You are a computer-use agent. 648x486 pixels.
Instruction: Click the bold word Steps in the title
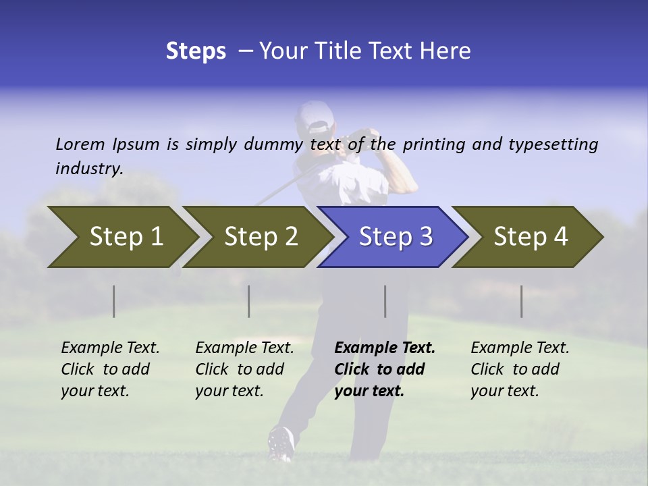(196, 51)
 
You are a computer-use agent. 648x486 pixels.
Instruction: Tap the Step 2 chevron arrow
(256, 237)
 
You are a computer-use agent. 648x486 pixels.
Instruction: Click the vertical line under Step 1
(114, 301)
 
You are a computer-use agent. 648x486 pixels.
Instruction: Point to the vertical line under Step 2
(249, 301)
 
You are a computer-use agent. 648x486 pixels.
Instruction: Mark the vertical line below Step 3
(385, 301)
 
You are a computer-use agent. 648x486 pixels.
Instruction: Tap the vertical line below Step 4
(522, 301)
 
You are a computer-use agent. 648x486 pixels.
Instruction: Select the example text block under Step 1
(110, 369)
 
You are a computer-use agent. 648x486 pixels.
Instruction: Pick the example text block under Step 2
(244, 369)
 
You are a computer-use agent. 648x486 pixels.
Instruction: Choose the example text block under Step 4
(520, 369)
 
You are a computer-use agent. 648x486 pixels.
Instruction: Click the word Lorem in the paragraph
(80, 144)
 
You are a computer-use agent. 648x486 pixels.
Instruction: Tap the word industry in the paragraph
(89, 169)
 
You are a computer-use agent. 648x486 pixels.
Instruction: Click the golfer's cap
(315, 116)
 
